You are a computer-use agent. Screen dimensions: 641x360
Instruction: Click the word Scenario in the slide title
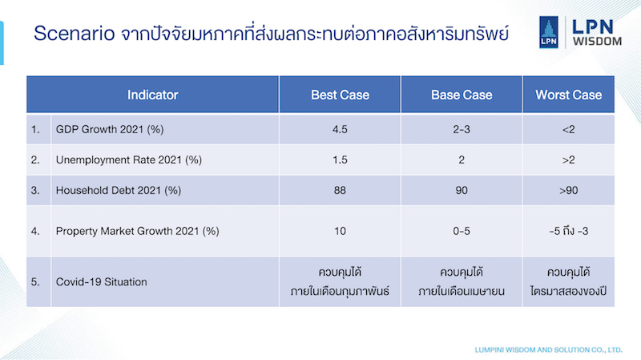[x=74, y=33]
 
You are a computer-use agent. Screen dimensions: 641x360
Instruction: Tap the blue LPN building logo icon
[x=549, y=32]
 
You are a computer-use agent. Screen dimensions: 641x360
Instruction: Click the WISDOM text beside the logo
[x=597, y=42]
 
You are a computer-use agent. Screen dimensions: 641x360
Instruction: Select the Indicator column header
[x=152, y=95]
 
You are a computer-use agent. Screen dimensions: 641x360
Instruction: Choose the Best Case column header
[x=340, y=95]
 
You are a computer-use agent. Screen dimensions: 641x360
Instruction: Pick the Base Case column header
[x=462, y=95]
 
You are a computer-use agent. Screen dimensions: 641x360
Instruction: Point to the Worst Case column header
[x=569, y=95]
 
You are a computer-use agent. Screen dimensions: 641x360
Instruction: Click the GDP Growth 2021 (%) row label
[x=110, y=130]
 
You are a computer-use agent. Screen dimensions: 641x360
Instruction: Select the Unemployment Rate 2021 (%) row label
[x=129, y=160]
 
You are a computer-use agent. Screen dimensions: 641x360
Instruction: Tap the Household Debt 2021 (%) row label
[x=118, y=191]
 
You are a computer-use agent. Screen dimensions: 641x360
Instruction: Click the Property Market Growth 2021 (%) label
[x=137, y=231]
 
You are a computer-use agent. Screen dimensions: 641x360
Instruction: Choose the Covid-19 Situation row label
[x=102, y=282]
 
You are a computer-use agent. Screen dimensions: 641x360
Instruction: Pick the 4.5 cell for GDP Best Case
[x=340, y=130]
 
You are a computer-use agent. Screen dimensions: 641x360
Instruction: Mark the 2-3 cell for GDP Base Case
[x=462, y=130]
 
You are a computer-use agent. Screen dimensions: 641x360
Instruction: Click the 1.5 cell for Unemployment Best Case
[x=340, y=160]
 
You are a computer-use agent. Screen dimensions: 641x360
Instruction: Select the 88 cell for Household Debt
[x=340, y=191]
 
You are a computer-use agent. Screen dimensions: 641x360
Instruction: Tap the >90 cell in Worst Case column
[x=569, y=191]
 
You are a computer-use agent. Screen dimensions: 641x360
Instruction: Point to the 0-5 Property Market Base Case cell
[x=462, y=231]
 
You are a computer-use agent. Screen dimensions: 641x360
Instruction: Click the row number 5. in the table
[x=35, y=282]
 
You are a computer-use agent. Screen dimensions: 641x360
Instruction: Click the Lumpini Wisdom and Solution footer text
[x=548, y=350]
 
